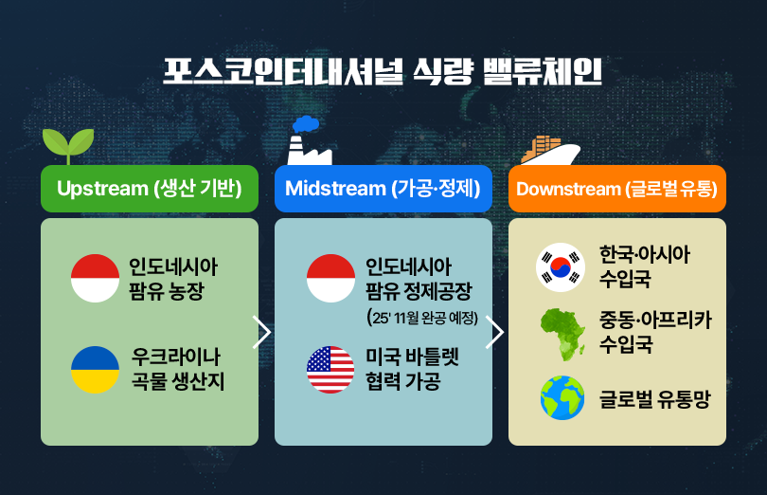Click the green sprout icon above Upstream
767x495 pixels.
click(68, 145)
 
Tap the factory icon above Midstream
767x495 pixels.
click(308, 140)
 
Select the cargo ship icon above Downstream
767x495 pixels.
click(550, 151)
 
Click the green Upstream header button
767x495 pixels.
click(150, 189)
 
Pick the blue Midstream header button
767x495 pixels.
click(383, 189)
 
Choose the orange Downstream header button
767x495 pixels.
click(617, 189)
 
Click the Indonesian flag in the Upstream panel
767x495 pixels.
click(95, 279)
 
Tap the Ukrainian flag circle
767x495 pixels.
click(95, 370)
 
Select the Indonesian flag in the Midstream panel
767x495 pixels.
click(330, 279)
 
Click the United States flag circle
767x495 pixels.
click(330, 370)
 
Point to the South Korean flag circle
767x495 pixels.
click(561, 267)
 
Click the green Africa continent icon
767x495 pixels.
click(562, 334)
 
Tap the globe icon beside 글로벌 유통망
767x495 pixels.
click(562, 398)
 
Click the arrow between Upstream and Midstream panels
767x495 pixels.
click(262, 332)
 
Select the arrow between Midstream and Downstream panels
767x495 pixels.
click(495, 332)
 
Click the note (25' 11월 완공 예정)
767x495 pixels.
click(422, 318)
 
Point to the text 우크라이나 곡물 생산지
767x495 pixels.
click(177, 369)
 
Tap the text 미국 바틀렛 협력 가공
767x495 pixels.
click(412, 369)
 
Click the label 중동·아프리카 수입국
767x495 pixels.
click(655, 332)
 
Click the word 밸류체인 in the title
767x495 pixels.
click(543, 72)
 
